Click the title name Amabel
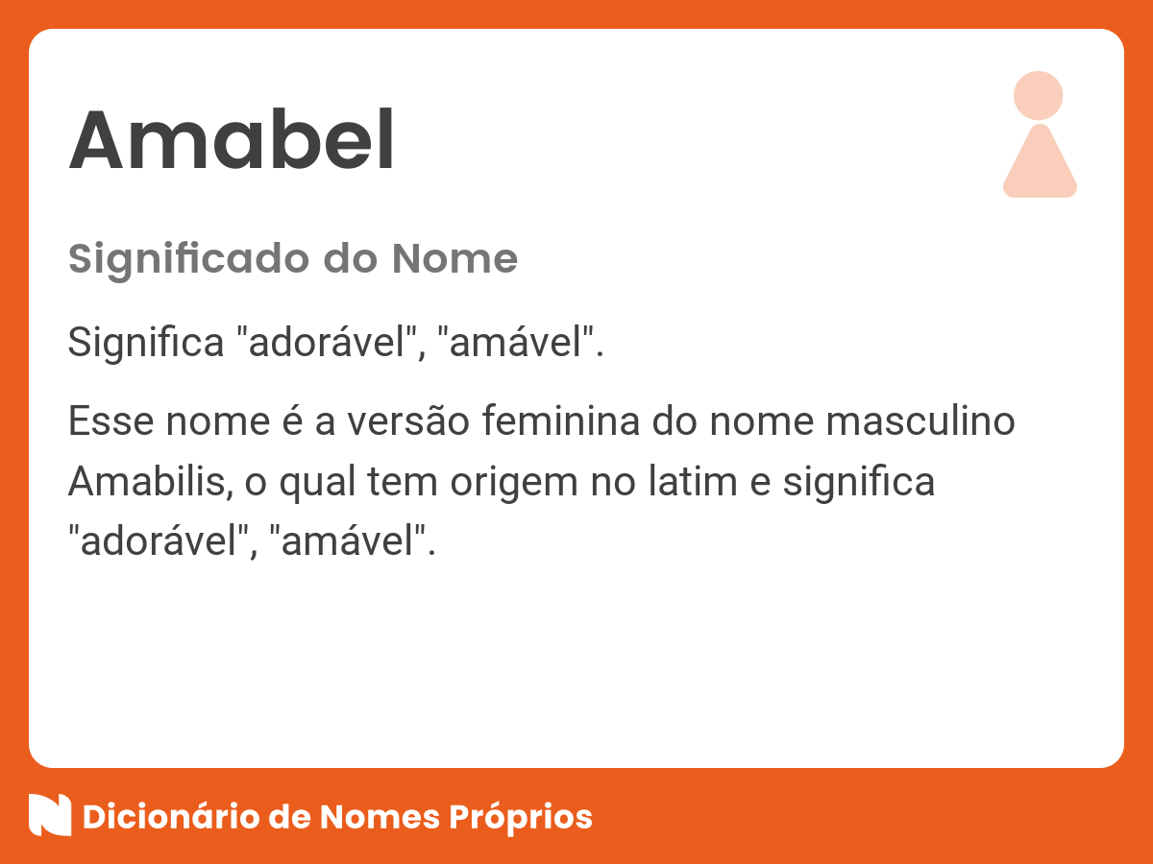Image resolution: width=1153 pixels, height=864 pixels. click(232, 141)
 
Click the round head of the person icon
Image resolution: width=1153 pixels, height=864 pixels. click(1039, 95)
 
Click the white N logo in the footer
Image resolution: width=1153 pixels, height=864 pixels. click(50, 816)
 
